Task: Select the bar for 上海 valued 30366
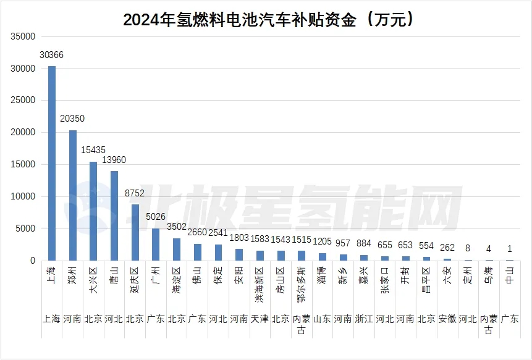[x=52, y=164]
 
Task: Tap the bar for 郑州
[x=73, y=196]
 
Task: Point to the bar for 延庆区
[x=135, y=233]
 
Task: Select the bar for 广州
[x=156, y=245]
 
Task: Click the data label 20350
[x=73, y=119]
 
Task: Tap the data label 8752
[x=135, y=193]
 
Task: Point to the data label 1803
[x=239, y=238]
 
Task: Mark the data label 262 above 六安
[x=447, y=248]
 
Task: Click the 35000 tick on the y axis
[x=23, y=36]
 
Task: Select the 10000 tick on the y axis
[x=23, y=196]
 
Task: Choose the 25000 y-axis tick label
[x=23, y=101]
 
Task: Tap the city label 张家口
[x=384, y=281]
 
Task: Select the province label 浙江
[x=363, y=319]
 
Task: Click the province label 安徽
[x=447, y=319]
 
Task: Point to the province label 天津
[x=260, y=319]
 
